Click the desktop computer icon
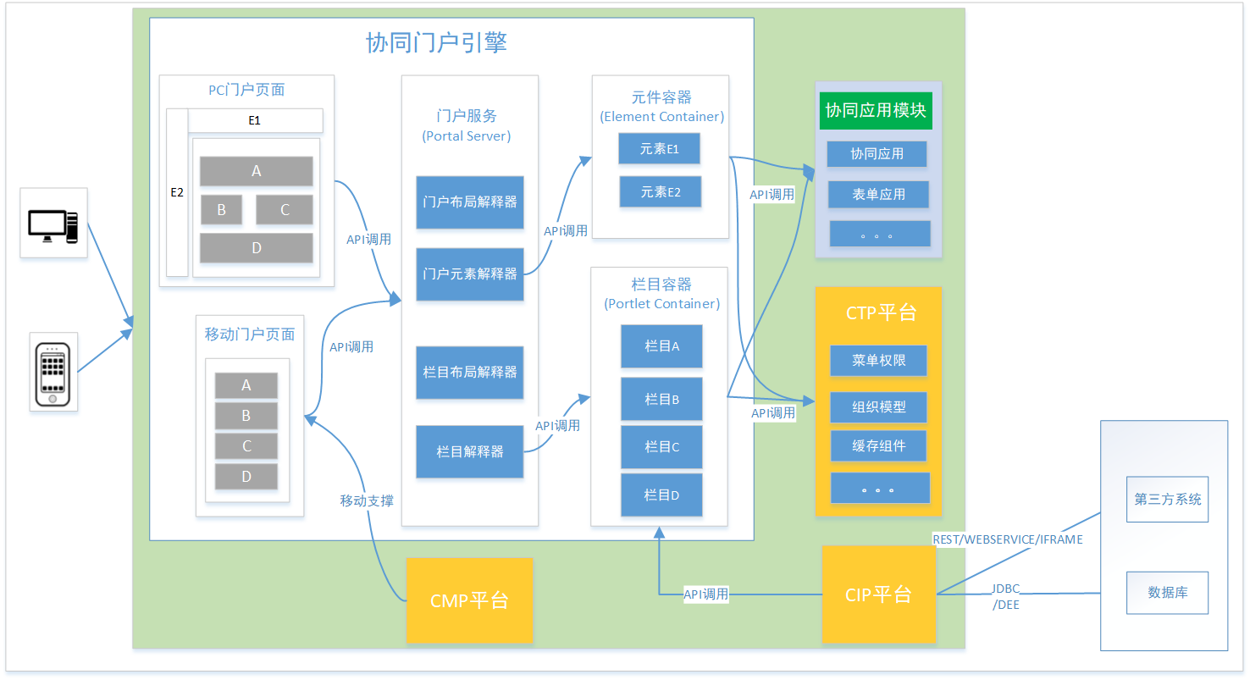point(53,224)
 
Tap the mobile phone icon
point(53,372)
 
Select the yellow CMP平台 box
point(469,600)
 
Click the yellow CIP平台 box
point(878,594)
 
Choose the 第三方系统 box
point(1167,499)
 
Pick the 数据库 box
point(1167,592)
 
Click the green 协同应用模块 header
point(876,111)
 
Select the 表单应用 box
point(878,194)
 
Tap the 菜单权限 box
point(878,360)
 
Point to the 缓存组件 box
point(878,445)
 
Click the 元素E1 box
point(660,148)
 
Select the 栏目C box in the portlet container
point(661,447)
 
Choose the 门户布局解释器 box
point(470,202)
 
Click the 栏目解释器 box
point(470,451)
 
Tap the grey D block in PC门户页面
point(256,248)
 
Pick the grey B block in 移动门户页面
point(246,416)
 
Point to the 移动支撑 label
point(367,500)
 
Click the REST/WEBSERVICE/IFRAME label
point(1007,539)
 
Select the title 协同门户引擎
point(436,43)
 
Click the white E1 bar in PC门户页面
point(255,120)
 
